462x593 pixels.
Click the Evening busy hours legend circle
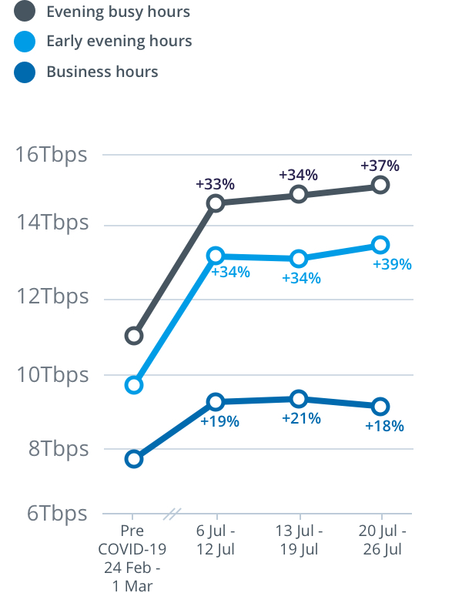[25, 12]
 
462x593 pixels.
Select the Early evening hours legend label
[119, 42]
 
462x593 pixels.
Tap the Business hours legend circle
[25, 72]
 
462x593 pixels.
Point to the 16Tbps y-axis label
[52, 154]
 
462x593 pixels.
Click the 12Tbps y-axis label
[52, 297]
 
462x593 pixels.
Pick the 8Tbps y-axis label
[58, 448]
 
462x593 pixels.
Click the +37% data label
[380, 166]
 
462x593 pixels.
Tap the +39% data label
[392, 264]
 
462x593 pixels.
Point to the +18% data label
[384, 425]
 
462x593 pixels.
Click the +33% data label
[215, 185]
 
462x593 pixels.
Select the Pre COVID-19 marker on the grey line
[134, 336]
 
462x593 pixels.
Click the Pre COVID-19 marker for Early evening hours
[134, 385]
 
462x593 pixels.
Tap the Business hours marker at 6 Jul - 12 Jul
[216, 402]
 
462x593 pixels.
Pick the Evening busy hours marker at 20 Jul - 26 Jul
[380, 185]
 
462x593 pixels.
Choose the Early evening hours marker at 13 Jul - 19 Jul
[299, 259]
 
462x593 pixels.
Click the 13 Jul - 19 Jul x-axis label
[299, 540]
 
